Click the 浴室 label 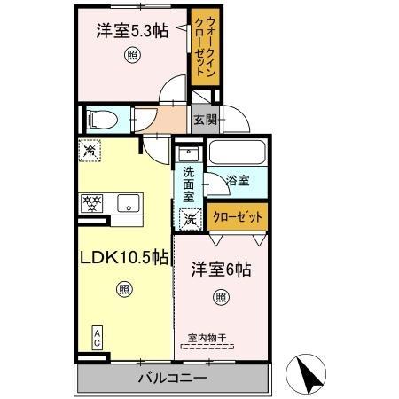point(237,181)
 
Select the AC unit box point(97,338)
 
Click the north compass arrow point(311,375)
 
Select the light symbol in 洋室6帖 point(220,297)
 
